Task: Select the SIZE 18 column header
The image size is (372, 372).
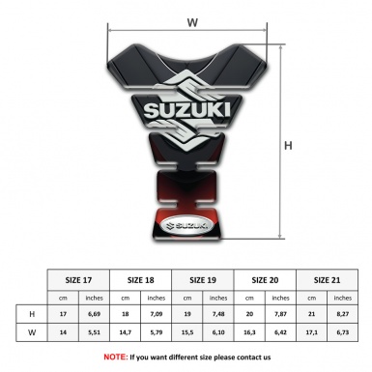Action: (141, 279)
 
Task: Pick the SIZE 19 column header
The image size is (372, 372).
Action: (203, 279)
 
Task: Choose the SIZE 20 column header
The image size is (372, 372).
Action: (265, 279)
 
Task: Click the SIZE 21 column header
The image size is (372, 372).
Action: (327, 279)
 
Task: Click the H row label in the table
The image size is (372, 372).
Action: (32, 314)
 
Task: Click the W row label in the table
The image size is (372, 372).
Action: (32, 332)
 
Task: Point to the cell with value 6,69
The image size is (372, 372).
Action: (95, 314)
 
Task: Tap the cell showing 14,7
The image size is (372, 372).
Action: (126, 332)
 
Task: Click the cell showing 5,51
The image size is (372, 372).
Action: (95, 332)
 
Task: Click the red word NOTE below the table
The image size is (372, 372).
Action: (116, 357)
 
